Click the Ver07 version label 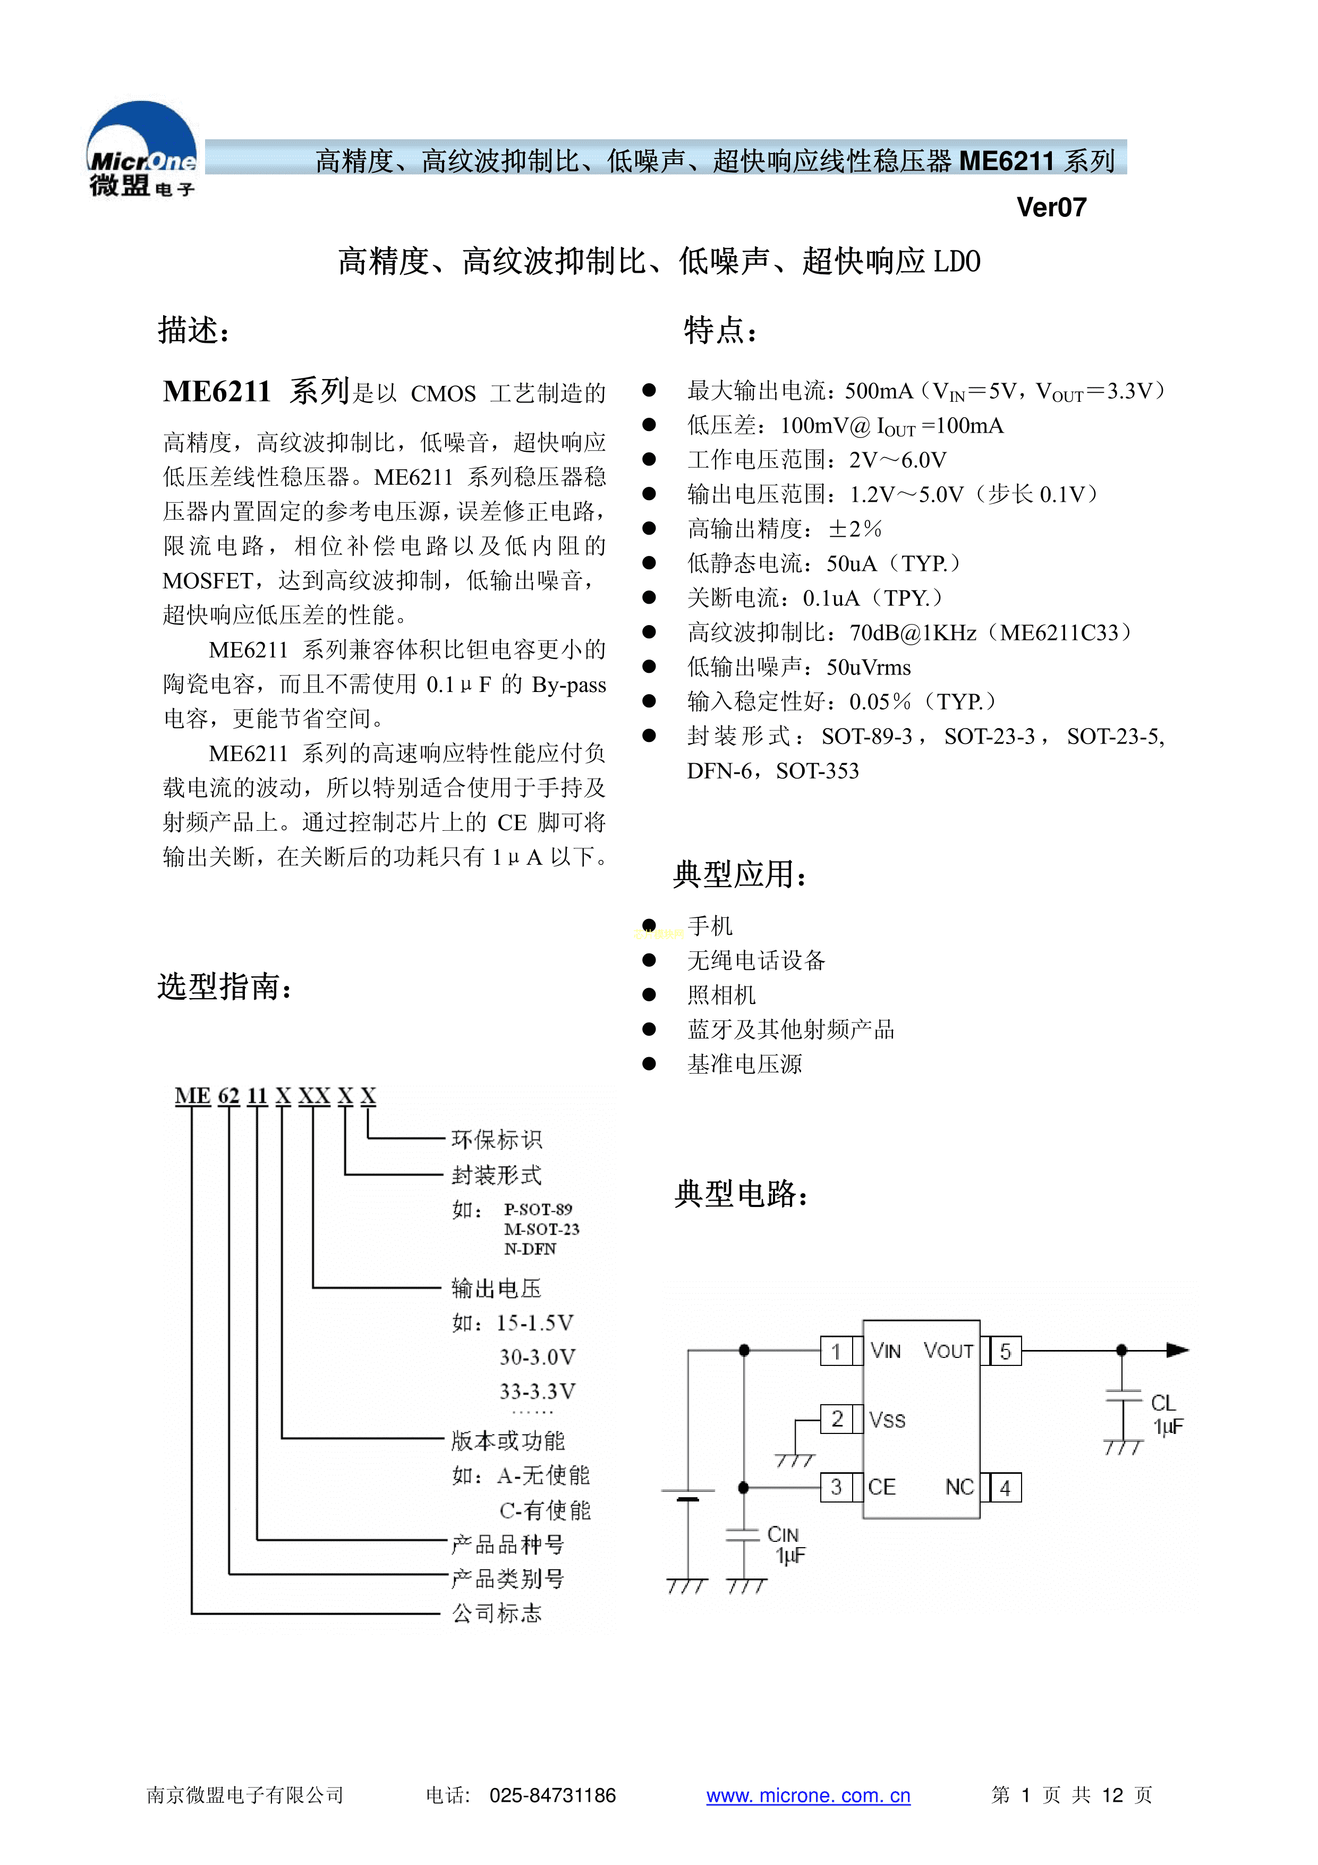(x=1051, y=208)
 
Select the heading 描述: (x=193, y=331)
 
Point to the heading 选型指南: (x=224, y=987)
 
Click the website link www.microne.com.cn (x=808, y=1795)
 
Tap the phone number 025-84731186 (x=552, y=1795)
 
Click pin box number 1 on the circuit (x=836, y=1352)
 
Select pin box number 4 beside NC (x=1005, y=1488)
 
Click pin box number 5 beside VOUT (x=1005, y=1352)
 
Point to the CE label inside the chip (x=882, y=1487)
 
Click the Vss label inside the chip (x=887, y=1420)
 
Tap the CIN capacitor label (x=783, y=1534)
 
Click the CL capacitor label (x=1163, y=1403)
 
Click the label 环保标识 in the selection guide (x=496, y=1140)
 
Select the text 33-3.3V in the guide (x=537, y=1391)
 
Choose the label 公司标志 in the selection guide (x=496, y=1613)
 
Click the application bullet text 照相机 (x=721, y=995)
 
